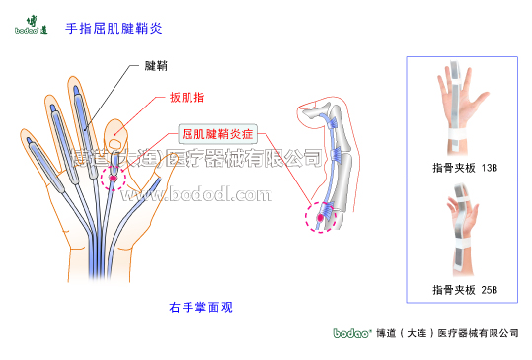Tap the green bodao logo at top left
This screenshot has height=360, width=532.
[x=32, y=25]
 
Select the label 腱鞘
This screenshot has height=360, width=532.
[x=155, y=66]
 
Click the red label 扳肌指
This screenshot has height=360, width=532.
[x=187, y=97]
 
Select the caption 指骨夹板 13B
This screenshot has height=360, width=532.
[x=464, y=169]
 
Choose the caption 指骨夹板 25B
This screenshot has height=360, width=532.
[x=464, y=290]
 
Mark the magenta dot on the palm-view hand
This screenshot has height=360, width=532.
[x=114, y=179]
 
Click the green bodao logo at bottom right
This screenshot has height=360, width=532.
[x=351, y=334]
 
